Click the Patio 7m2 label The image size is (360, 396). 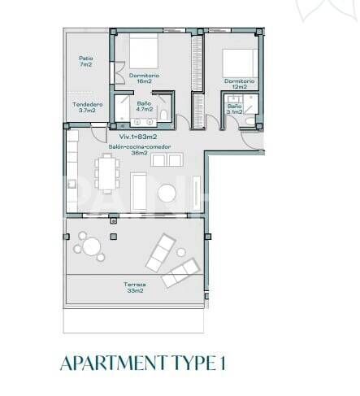pos(85,62)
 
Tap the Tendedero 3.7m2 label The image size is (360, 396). pos(87,107)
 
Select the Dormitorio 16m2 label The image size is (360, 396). pos(144,78)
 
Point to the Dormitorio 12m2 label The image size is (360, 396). pos(240,85)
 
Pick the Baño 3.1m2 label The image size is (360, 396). pos(234,110)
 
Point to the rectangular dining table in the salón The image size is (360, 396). pos(106,173)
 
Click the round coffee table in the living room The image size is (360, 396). pos(167,194)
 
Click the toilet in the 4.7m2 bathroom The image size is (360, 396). pos(164,115)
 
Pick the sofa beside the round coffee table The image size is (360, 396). pos(140,189)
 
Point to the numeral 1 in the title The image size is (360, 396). pos(222,363)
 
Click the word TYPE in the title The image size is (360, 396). pos(189,363)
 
